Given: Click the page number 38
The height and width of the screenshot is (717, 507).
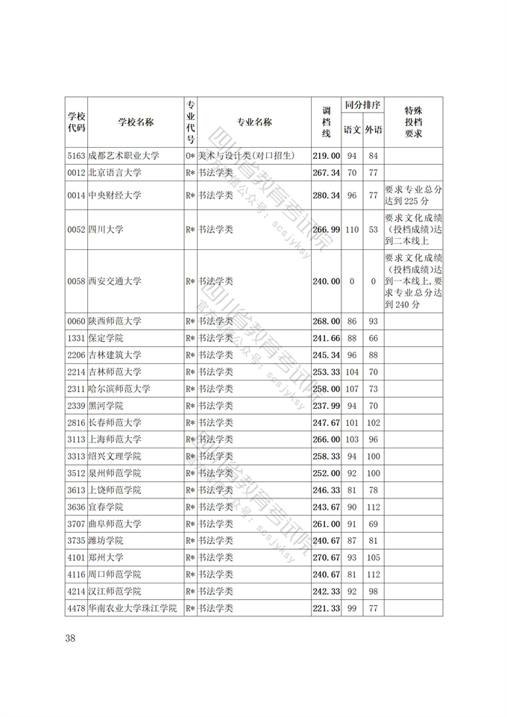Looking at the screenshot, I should point(70,638).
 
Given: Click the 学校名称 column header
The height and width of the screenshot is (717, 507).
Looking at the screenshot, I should point(136,122).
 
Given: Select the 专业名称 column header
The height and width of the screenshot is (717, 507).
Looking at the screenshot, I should point(253,122).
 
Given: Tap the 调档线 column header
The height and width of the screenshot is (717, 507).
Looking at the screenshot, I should point(326,122).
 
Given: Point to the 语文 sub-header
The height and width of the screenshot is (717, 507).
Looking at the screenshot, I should point(352,130).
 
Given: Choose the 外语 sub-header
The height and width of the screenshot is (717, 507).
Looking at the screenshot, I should point(374,130).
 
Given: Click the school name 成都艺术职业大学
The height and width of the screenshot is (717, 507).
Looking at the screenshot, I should point(124,156).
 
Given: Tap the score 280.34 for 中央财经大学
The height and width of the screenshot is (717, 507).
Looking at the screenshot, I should point(326,195).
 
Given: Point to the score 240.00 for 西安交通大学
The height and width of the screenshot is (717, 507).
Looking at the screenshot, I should point(326,281).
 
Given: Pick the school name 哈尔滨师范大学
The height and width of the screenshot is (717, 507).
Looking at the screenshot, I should point(119,389).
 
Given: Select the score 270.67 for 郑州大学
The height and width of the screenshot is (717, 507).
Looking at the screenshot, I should point(326,557).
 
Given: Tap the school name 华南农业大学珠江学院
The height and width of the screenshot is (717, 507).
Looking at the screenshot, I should point(133,609).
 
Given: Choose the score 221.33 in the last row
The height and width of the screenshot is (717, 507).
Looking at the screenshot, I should point(326,609).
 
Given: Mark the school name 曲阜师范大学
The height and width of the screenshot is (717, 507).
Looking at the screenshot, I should point(115,524).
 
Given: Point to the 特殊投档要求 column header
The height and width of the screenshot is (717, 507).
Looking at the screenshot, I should point(413,122).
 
